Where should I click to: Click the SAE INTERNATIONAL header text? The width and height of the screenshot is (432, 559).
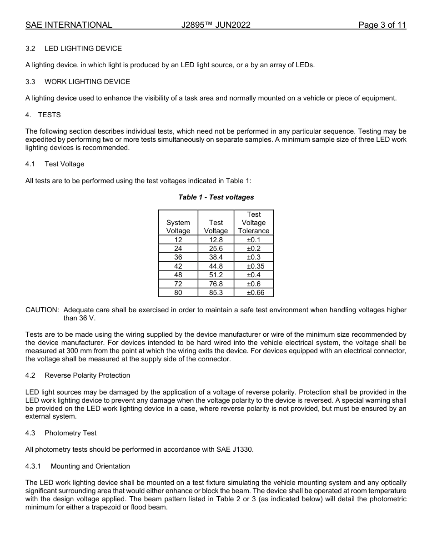(69, 25)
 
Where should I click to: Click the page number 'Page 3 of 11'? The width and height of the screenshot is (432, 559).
(382, 25)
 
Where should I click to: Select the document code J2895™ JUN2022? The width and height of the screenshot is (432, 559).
(216, 25)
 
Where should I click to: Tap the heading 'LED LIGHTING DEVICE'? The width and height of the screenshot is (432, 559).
(83, 48)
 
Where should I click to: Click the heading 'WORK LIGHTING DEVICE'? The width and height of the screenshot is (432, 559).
(87, 82)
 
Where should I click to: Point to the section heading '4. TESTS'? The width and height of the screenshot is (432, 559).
(43, 115)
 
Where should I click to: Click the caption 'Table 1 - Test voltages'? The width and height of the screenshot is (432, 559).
(216, 197)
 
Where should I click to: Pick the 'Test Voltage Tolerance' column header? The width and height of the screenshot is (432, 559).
(254, 223)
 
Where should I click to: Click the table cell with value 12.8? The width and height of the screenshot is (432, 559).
(216, 240)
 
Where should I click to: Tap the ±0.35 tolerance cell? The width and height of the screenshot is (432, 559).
(254, 266)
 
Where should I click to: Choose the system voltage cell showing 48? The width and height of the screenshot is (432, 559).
(178, 275)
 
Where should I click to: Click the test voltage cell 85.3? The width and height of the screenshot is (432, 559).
(216, 293)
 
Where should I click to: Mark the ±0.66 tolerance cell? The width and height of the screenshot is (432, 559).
(254, 293)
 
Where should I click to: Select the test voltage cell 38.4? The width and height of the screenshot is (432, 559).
(216, 257)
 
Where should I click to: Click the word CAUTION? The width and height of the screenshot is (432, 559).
(42, 310)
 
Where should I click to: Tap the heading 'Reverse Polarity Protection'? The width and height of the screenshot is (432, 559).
(87, 375)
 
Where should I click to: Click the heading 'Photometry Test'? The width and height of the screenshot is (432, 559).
(70, 433)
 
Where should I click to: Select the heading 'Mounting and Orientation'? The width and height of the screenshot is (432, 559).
(90, 466)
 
